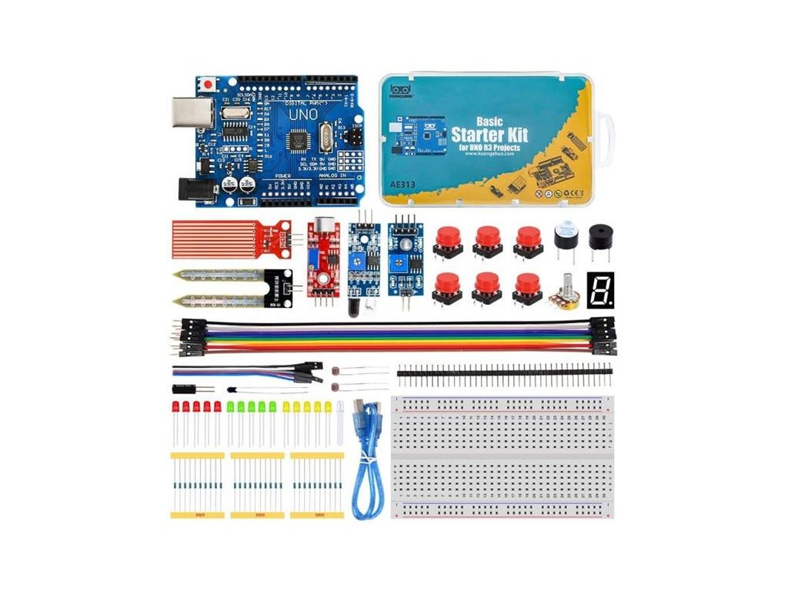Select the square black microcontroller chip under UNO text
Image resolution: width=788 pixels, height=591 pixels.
click(299, 142)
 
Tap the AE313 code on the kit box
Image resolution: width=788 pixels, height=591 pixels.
click(403, 185)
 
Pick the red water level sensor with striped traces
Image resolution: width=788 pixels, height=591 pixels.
click(229, 239)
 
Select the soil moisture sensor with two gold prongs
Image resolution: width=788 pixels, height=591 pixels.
click(231, 286)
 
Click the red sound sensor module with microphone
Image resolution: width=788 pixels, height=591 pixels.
click(322, 258)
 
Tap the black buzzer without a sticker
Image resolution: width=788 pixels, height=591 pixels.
click(599, 238)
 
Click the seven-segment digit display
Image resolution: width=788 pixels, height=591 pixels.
click(599, 289)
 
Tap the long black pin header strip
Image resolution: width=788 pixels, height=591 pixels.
click(504, 375)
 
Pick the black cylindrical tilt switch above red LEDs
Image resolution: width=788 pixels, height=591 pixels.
click(185, 389)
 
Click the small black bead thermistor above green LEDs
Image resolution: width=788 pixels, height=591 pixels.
click(232, 389)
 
